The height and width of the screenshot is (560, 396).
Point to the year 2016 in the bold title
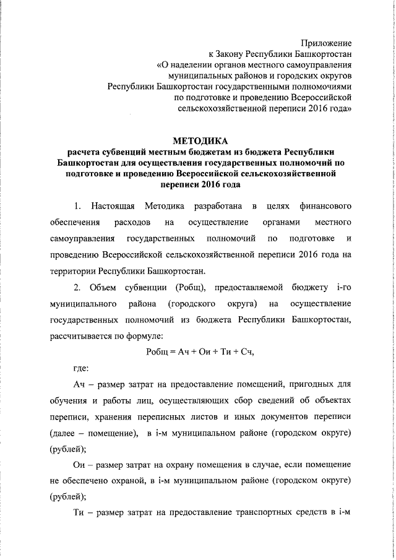(206, 184)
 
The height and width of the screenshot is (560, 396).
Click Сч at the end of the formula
(246, 351)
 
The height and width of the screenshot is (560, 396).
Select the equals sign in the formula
(173, 351)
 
